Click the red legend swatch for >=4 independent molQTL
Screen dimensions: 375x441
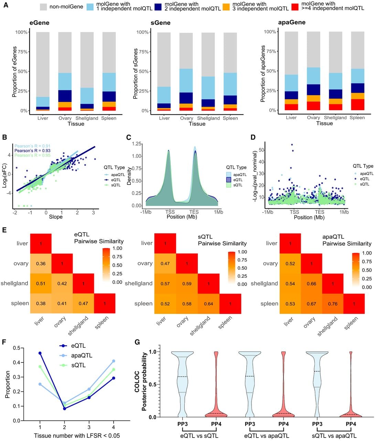[x=295, y=7]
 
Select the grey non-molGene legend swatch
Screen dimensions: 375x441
[x=43, y=7]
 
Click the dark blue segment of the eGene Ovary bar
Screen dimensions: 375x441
[x=65, y=96]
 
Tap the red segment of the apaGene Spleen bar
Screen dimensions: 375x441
[x=357, y=104]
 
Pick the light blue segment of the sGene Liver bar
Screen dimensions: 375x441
[x=164, y=95]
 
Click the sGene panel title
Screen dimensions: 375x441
[x=160, y=23]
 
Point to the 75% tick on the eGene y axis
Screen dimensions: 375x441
[x=28, y=52]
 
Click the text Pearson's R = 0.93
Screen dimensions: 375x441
[x=32, y=151]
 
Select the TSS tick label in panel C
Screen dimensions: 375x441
[x=170, y=212]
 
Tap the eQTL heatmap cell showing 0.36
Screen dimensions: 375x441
[x=41, y=264]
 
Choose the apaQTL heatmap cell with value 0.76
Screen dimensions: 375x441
[x=333, y=304]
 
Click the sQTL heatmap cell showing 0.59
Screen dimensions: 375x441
[x=187, y=284]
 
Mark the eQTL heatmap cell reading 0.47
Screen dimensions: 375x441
[x=83, y=304]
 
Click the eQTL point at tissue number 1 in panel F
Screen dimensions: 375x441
[x=40, y=353]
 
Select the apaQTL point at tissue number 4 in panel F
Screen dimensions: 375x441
[x=114, y=361]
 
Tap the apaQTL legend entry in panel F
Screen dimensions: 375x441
[x=76, y=356]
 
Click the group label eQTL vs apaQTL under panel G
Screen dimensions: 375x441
[x=267, y=436]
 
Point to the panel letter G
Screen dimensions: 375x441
[x=137, y=342]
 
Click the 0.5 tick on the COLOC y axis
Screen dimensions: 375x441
[x=158, y=384]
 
